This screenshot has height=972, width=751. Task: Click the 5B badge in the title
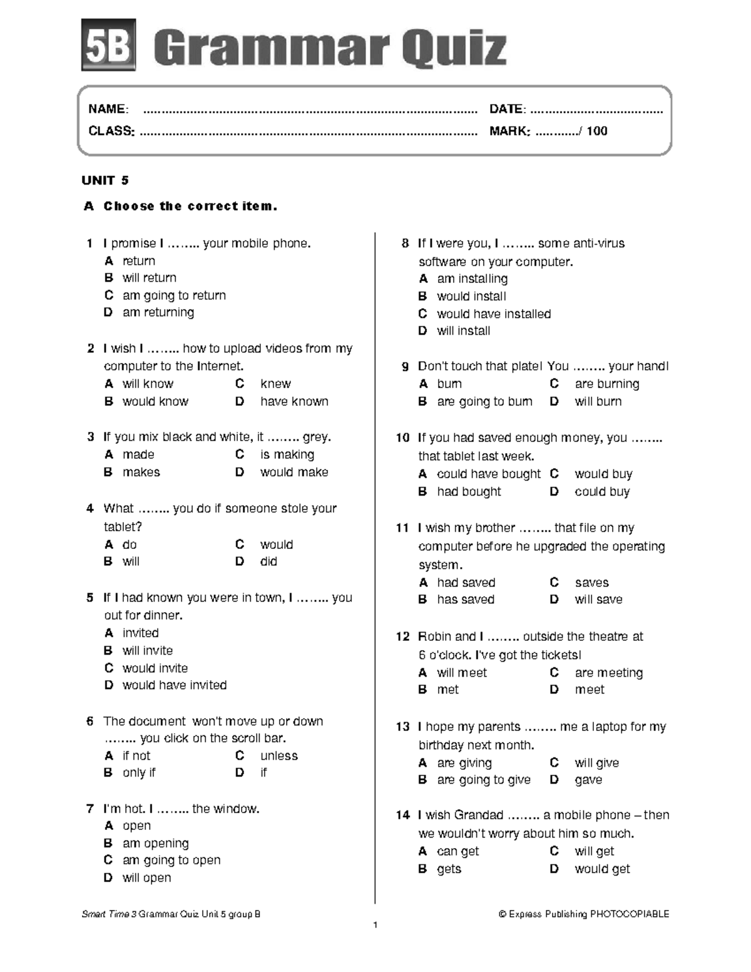tap(108, 45)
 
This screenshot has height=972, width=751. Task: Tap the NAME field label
tap(108, 109)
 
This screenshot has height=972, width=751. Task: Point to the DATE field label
tap(507, 109)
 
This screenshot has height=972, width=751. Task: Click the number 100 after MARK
tap(597, 131)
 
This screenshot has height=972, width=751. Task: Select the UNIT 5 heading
tap(105, 180)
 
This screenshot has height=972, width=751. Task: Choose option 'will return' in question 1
tap(149, 277)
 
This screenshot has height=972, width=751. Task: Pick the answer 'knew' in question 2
tap(275, 383)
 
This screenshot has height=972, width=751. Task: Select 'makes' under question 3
tap(141, 472)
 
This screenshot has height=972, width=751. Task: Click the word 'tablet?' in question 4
tap(123, 526)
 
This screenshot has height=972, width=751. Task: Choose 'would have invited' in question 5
tap(174, 685)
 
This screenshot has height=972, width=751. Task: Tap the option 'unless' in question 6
tap(278, 755)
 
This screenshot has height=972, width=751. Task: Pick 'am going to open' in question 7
tap(171, 860)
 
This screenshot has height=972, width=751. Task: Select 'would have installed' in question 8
tap(493, 314)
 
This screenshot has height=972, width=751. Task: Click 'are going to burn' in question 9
tap(484, 401)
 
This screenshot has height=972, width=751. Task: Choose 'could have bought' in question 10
tap(488, 474)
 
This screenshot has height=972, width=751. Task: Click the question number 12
tap(402, 637)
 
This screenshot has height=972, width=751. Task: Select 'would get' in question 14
tap(602, 869)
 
